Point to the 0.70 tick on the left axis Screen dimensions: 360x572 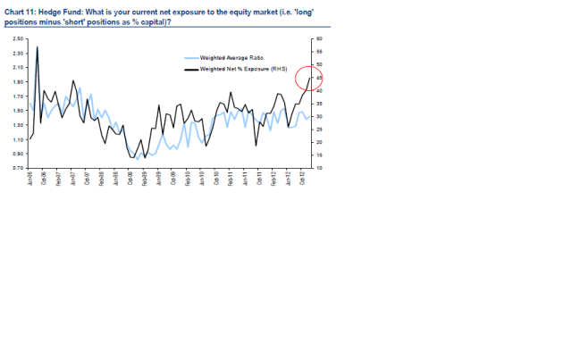coord(19,168)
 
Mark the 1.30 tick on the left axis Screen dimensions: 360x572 coord(19,125)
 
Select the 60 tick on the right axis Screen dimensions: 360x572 coord(319,40)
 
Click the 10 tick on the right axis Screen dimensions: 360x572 coord(319,168)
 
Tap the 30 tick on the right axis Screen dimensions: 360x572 coord(319,117)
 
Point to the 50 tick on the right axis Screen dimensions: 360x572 coord(319,66)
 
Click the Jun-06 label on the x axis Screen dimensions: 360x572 coord(31,177)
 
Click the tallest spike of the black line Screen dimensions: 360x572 coord(38,46)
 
